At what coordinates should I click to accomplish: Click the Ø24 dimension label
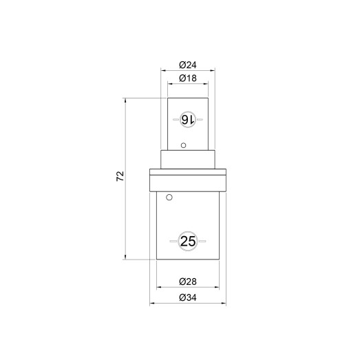point(188,65)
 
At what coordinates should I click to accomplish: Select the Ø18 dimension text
point(188,78)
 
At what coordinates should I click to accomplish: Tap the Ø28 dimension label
point(188,282)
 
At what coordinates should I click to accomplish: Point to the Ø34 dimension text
point(188,297)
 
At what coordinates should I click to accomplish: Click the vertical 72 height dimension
point(120,176)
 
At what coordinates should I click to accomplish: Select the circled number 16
point(188,119)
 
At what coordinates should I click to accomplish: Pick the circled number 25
point(188,242)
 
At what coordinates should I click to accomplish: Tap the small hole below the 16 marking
point(184,145)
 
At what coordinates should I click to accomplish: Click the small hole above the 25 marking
point(169,198)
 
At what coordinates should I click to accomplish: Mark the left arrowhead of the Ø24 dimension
point(163,71)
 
